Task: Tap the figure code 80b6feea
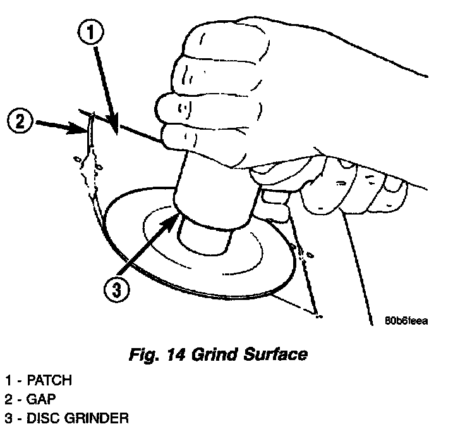tap(407, 321)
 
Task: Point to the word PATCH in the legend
tap(50, 380)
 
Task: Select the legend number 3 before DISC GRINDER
tap(8, 418)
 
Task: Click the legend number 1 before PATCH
tap(8, 380)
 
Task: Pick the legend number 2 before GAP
tap(8, 399)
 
